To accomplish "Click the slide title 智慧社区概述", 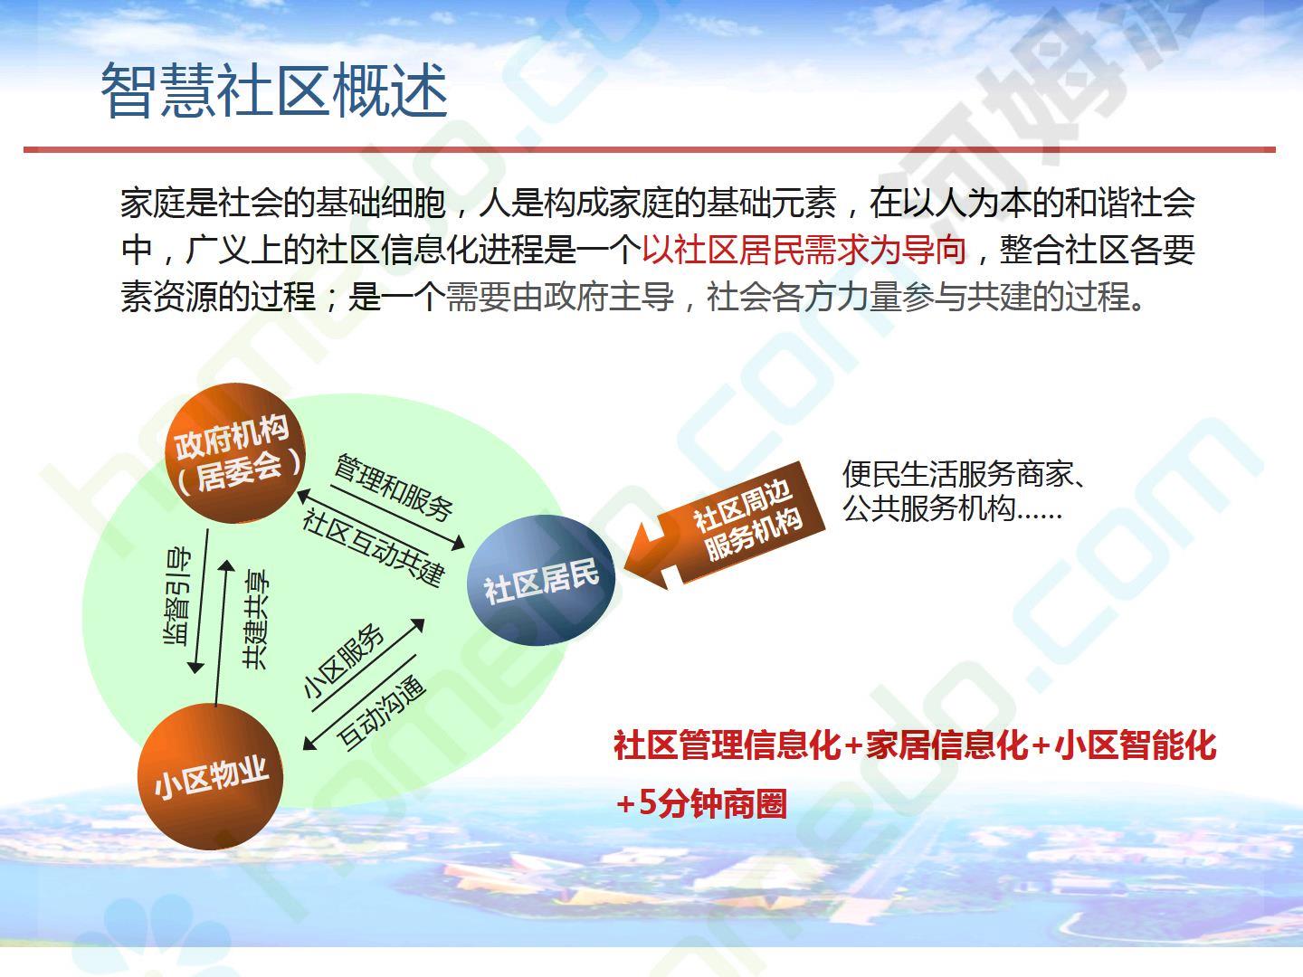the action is tap(274, 90).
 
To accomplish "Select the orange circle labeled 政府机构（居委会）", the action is tap(235, 453).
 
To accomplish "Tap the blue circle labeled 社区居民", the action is tap(541, 580).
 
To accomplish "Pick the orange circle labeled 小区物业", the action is tap(210, 776).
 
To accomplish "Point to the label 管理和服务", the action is tap(394, 488).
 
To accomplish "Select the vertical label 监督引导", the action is tap(176, 596).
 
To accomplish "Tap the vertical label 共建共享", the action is tap(256, 620).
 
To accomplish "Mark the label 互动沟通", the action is tap(381, 711).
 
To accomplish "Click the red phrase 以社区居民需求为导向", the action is tap(804, 250).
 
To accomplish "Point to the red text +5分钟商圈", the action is tap(701, 804).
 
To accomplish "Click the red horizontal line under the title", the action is tap(650, 149).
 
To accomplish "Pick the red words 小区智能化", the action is tap(1135, 745).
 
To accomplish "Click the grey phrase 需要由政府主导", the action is tap(560, 297).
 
